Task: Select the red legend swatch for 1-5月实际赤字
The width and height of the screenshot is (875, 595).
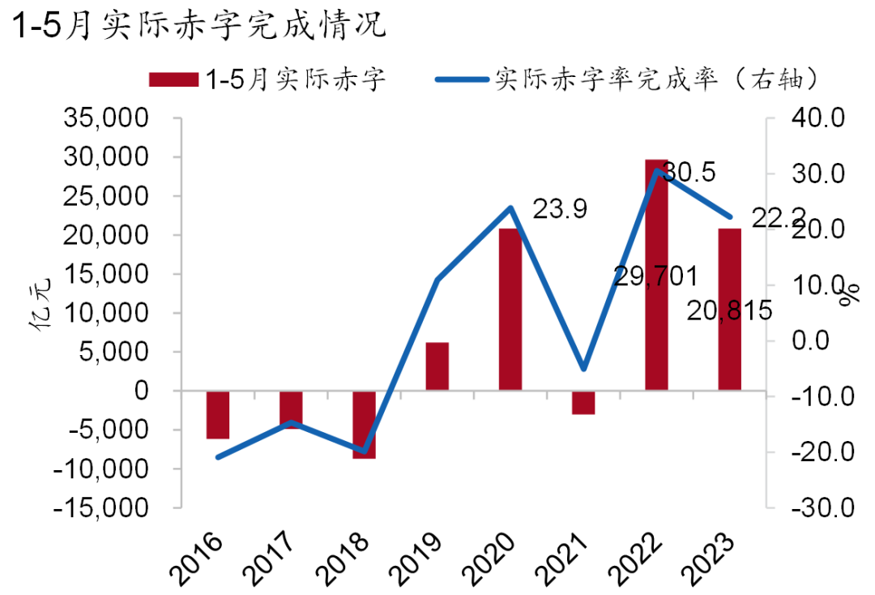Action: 173,79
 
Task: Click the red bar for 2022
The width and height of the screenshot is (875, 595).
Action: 656,276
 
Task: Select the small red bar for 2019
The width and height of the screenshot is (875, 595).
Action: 437,366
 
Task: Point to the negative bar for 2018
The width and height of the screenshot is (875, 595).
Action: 364,425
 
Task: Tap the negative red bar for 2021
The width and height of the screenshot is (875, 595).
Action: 583,403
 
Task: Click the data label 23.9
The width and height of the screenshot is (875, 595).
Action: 560,208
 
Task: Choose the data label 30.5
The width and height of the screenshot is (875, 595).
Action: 688,172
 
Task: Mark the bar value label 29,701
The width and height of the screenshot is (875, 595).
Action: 655,276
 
